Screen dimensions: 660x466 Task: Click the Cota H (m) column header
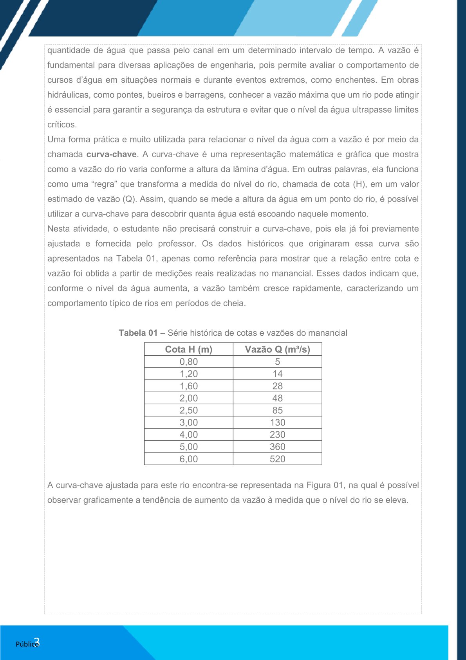point(188,349)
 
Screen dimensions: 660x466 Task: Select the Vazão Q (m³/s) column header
point(277,349)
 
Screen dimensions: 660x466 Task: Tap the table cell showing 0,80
point(188,362)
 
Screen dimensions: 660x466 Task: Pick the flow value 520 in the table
point(277,459)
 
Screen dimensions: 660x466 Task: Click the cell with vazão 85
point(277,410)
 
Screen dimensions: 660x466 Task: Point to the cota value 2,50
point(188,410)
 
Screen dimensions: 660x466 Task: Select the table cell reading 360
point(277,447)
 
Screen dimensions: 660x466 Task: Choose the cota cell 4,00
point(188,435)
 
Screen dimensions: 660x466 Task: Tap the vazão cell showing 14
point(277,374)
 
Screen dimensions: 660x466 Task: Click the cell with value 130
point(277,422)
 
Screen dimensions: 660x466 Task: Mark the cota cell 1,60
point(188,386)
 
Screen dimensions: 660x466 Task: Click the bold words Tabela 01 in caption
point(138,333)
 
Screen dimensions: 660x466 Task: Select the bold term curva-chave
point(111,155)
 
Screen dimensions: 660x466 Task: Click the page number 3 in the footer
point(36,642)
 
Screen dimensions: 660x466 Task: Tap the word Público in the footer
point(26,644)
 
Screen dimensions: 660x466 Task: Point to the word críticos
point(62,125)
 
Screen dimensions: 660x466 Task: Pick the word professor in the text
point(177,244)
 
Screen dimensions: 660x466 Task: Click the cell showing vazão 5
point(277,362)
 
